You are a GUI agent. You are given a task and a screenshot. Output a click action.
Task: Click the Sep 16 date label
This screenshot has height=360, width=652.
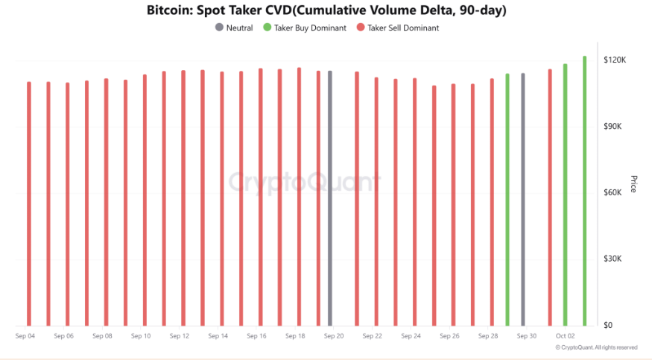point(257,336)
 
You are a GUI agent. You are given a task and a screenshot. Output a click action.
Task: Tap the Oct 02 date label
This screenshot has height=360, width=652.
point(565,336)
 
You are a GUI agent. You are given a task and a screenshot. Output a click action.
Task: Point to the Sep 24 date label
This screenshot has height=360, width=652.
point(411,336)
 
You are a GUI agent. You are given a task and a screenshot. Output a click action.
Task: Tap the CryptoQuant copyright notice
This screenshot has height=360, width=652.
point(596,347)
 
